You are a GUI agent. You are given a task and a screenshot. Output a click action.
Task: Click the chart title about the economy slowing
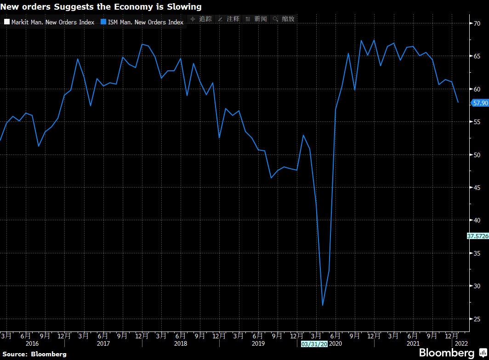tap(101, 7)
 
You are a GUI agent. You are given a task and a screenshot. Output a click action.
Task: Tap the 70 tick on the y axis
tap(477, 23)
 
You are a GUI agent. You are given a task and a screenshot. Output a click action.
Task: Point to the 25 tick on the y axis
tap(477, 319)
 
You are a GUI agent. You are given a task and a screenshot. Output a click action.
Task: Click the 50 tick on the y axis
tap(477, 154)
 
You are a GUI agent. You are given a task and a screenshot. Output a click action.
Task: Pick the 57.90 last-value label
tap(480, 103)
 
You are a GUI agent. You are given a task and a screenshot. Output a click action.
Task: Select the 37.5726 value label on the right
tap(478, 236)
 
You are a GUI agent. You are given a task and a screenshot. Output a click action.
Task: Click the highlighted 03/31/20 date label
tap(314, 343)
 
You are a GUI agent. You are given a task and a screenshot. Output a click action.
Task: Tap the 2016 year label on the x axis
tap(32, 343)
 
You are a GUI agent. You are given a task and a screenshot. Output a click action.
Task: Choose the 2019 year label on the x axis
tap(258, 343)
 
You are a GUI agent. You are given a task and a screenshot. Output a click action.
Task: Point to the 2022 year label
tap(461, 343)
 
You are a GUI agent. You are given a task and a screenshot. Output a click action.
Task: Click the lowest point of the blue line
tap(323, 305)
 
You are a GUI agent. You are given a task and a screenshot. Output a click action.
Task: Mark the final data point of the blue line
tap(458, 102)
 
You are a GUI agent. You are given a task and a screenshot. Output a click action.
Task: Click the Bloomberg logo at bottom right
tap(452, 353)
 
